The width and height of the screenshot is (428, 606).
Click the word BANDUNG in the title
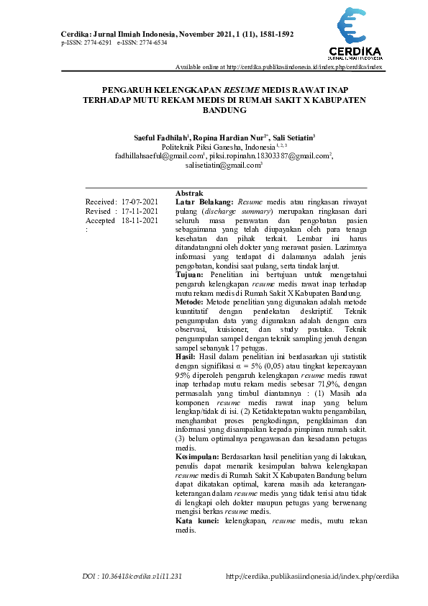(225, 112)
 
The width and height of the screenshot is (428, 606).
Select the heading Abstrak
(189, 194)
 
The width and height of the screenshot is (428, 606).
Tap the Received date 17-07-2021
(140, 202)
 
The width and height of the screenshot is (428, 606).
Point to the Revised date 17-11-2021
(140, 211)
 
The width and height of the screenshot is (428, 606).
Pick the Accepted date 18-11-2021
(140, 220)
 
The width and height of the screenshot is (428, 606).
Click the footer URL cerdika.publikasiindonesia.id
(312, 576)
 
